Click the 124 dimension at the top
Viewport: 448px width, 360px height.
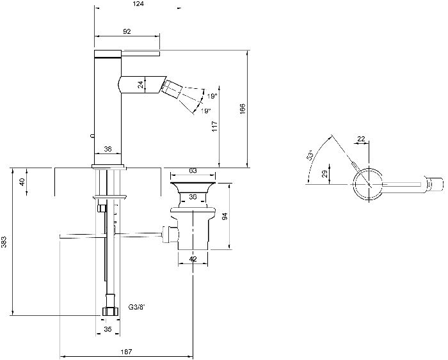tap(138, 4)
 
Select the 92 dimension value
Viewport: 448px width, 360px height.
tap(127, 31)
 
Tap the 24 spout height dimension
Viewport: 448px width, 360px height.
tap(140, 84)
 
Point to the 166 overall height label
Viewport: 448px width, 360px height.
tap(243, 109)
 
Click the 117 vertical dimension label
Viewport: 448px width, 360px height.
tap(214, 126)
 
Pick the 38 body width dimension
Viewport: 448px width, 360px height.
tap(108, 149)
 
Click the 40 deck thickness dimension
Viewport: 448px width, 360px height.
tap(22, 181)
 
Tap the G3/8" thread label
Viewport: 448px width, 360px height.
tap(136, 308)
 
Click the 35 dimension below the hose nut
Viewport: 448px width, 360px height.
tap(108, 329)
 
